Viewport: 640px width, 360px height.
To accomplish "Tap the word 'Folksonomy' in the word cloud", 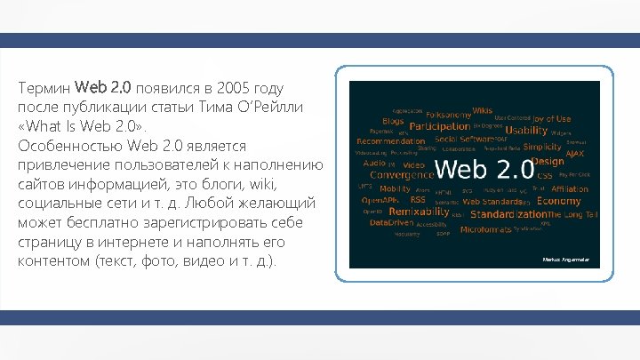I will (x=448, y=115).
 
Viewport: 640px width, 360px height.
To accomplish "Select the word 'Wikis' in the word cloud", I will (x=482, y=110).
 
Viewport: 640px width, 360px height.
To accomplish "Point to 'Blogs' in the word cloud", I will (x=393, y=121).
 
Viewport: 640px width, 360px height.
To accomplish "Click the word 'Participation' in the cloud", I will (x=439, y=126).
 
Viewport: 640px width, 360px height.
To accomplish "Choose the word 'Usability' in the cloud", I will (x=527, y=131).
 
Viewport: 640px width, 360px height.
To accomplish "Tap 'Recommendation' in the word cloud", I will (x=390, y=140).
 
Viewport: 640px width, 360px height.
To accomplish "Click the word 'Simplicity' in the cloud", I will (x=542, y=147).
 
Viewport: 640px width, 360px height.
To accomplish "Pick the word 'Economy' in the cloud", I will (x=559, y=201).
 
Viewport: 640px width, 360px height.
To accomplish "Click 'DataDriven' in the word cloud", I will (x=392, y=223).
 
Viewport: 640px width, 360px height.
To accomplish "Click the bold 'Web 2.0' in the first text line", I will (x=103, y=88).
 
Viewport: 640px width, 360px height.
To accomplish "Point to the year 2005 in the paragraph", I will (x=232, y=89).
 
